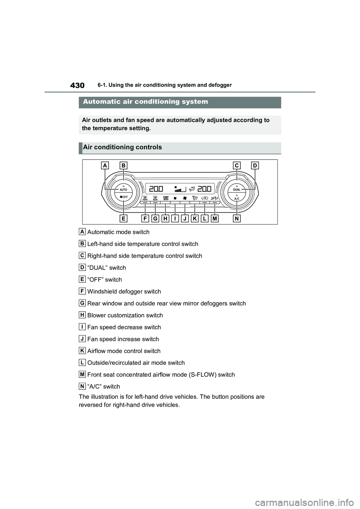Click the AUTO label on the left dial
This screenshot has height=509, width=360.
(123, 190)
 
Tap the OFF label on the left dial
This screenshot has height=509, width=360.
(124, 197)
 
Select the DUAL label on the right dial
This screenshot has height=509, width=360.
(237, 190)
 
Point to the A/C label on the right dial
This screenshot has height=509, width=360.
(237, 199)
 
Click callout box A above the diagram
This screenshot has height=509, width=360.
(105, 165)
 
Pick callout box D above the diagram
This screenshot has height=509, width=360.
(255, 165)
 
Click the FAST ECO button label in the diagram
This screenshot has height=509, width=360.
(165, 198)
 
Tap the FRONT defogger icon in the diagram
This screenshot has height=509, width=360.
(145, 198)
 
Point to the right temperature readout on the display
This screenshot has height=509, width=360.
(204, 188)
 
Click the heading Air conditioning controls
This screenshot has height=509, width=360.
(122, 147)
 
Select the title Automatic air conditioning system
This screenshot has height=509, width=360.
(145, 102)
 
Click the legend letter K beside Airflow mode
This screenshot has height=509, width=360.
(82, 350)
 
